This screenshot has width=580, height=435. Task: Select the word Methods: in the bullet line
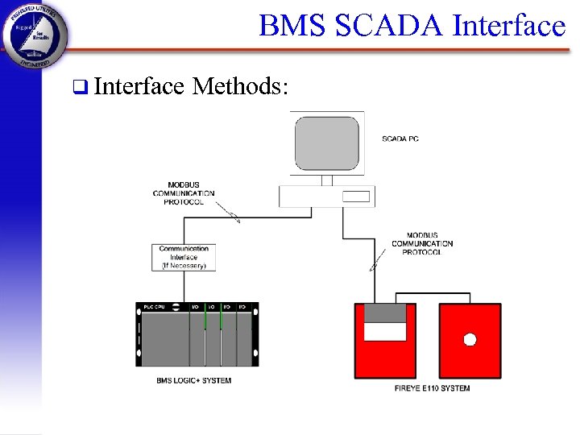tap(240, 86)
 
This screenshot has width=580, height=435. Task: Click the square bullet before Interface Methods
tap(78, 87)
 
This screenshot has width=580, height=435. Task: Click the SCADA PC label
tap(400, 139)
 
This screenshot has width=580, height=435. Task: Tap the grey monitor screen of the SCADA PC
tap(327, 143)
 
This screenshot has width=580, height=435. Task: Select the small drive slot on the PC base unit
tap(355, 197)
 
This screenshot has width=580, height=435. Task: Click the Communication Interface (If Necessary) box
tap(184, 257)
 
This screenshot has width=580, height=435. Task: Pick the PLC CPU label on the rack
tap(154, 307)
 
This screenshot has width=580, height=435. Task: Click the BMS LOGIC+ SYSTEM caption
tap(194, 380)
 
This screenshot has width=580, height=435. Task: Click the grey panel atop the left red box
tap(385, 313)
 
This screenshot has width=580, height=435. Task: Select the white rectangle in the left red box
tap(385, 331)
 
